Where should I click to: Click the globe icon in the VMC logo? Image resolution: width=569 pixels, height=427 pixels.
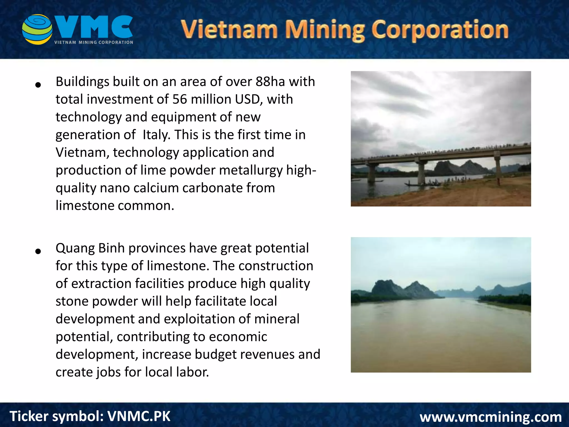[x=37, y=29]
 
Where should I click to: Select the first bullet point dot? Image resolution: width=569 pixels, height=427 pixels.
[x=38, y=85]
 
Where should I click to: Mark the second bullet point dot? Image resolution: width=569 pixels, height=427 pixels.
[x=38, y=251]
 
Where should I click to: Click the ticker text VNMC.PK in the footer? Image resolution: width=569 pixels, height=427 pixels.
[x=139, y=416]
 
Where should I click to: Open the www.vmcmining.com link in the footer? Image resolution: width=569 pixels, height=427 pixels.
[x=491, y=417]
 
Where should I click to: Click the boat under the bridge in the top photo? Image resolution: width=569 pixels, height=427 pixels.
[x=422, y=183]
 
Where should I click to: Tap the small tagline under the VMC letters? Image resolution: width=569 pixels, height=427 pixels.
[x=94, y=43]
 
